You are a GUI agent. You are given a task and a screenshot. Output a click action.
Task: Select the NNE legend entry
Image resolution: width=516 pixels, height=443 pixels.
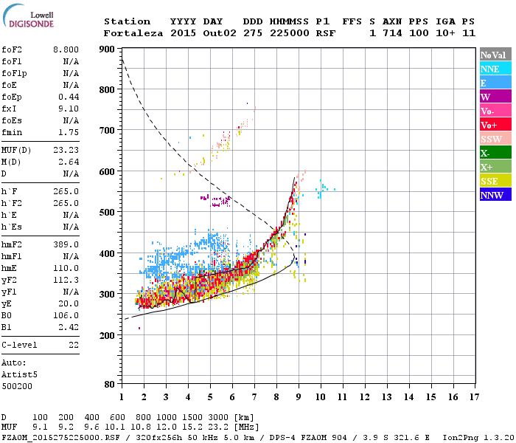point(495,69)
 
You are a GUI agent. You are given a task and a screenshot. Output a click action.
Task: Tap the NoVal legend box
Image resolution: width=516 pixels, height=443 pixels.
point(495,55)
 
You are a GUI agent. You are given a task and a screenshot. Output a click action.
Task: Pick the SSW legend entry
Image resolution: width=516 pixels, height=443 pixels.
point(495,139)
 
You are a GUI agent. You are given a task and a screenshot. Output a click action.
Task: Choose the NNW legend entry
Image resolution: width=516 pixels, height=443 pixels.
point(495,195)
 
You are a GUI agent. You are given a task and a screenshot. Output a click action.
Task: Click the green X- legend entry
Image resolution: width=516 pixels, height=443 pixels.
point(495,153)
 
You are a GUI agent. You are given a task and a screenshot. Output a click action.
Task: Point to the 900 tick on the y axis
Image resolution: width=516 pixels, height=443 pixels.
point(108,49)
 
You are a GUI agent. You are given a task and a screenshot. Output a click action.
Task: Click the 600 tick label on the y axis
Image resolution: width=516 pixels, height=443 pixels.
point(108,172)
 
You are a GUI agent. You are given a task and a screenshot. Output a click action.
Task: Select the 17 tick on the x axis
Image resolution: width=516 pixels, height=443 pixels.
point(472,396)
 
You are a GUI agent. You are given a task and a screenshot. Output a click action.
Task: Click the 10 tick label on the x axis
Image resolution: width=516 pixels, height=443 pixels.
point(321,396)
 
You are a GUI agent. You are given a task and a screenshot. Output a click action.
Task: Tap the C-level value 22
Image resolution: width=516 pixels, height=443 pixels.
point(73,345)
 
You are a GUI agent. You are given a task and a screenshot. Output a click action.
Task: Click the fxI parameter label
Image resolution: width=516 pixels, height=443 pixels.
point(10,109)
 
